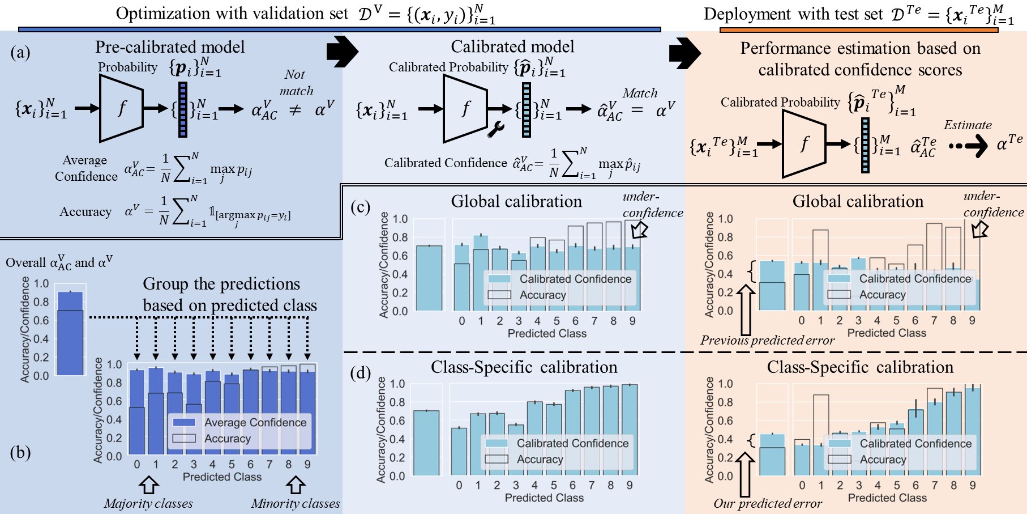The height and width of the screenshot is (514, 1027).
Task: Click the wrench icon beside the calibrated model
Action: pos(495,130)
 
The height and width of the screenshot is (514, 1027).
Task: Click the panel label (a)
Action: pos(20,53)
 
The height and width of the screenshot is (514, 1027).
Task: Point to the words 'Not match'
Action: pos(296,83)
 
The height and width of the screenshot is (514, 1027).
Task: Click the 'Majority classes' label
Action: pos(148,504)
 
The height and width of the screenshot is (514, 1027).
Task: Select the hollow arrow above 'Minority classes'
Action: pos(296,485)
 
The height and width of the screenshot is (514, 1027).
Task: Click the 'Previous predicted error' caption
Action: pos(767,341)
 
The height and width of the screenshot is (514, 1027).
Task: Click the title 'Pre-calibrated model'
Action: pos(170,47)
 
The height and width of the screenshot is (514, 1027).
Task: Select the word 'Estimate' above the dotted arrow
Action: pos(968,125)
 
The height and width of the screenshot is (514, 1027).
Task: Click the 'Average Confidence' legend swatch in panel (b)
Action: pos(184,423)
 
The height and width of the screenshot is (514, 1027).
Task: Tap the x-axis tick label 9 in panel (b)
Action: pos(307,465)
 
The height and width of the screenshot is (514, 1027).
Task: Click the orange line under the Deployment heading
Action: pos(858,30)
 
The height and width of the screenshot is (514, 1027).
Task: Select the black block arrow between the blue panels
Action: pos(341,52)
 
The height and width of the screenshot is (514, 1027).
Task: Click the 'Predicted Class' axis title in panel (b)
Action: pos(222,477)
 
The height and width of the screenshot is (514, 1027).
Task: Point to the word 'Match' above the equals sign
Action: pos(640,93)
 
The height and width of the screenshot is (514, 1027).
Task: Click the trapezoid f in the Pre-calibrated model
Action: pos(121,108)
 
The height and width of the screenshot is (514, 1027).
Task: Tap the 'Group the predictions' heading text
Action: pos(221,284)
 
